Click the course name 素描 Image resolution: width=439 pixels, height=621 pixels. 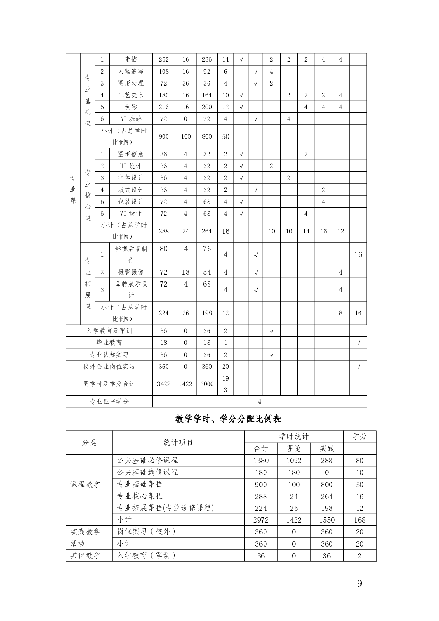(x=131, y=59)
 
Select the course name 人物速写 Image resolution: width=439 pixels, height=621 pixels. (x=131, y=72)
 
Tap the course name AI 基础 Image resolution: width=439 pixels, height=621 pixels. (x=131, y=119)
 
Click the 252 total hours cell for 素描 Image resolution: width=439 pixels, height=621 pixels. (x=163, y=59)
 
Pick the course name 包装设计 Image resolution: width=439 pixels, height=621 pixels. (x=131, y=202)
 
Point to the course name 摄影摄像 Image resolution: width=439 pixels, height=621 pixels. (x=131, y=272)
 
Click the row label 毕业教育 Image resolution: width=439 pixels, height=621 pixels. (x=109, y=343)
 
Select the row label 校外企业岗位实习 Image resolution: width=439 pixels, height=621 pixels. (x=109, y=367)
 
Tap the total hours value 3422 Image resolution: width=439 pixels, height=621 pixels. (x=163, y=384)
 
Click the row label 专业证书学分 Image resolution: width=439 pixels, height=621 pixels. (x=109, y=402)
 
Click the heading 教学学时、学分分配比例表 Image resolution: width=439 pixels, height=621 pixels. (x=228, y=419)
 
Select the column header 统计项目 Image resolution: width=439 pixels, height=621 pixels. (x=178, y=443)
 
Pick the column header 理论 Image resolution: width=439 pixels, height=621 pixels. (x=294, y=448)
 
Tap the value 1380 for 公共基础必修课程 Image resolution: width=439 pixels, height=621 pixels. (x=261, y=461)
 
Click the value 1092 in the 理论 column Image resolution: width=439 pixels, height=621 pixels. (x=294, y=461)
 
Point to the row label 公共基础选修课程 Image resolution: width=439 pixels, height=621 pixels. (x=147, y=472)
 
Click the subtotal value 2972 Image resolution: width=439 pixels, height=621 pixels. (x=261, y=520)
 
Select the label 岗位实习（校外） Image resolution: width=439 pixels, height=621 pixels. (x=146, y=531)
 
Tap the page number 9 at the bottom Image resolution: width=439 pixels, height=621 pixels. (x=359, y=583)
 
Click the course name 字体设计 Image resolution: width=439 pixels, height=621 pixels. (x=131, y=178)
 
